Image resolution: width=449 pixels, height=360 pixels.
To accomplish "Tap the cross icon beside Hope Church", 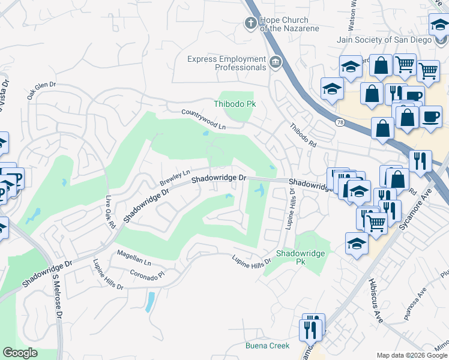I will tap(251, 23).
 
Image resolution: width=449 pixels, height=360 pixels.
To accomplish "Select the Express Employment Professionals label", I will tap(226, 63).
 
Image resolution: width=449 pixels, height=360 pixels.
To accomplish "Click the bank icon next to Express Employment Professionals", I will tap(275, 62).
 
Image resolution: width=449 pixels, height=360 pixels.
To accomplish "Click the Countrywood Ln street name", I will tap(204, 119).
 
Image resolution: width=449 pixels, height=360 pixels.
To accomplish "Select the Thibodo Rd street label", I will tap(303, 136).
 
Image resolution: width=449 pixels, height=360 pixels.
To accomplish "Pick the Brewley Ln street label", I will tap(175, 177).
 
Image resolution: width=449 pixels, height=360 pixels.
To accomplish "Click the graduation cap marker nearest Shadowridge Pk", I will tap(357, 244).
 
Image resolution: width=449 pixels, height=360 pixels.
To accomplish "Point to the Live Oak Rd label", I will tap(110, 212).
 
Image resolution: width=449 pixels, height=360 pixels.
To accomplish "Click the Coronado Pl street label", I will tap(147, 274).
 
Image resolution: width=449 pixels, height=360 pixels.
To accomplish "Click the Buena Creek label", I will tap(267, 346).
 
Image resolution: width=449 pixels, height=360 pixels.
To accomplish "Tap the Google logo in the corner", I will tap(20, 353).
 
